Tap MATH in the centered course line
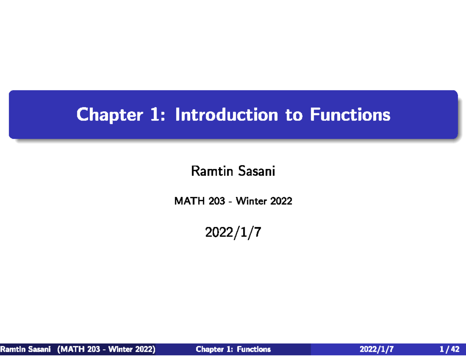pos(185,202)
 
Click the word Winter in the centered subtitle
pos(250,202)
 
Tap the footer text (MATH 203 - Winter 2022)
pos(106,350)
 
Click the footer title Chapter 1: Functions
pos(233,350)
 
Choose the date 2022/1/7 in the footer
pos(377,350)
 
